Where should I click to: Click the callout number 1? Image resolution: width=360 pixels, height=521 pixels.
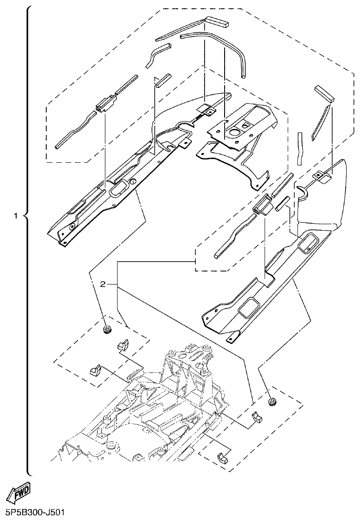pos(16,216)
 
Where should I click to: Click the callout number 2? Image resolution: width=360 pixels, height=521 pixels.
pos(104,284)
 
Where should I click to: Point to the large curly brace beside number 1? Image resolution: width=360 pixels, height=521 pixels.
pos(26,240)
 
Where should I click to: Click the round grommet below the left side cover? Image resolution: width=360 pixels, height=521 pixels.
pos(108,330)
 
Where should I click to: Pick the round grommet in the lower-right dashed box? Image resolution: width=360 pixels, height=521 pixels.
pos(272,401)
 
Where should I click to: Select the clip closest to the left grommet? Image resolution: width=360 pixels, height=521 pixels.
pos(122,344)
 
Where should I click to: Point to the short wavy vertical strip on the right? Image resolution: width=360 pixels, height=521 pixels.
pos(300,148)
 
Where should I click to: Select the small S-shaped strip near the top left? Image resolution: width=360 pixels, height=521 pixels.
pos(157,55)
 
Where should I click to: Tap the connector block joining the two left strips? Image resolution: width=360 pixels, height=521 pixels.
pos(104,104)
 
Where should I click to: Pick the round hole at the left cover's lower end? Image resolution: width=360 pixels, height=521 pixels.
pos(72,227)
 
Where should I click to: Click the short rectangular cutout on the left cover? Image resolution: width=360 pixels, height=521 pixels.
pos(122,188)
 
